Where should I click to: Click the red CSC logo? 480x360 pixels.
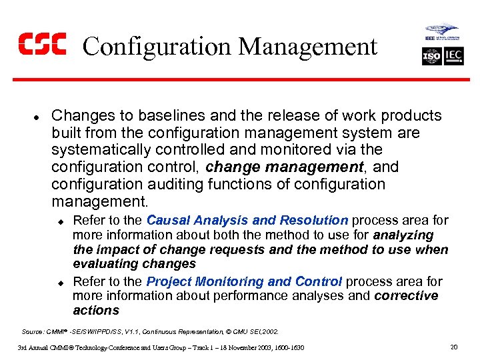coord(42,45)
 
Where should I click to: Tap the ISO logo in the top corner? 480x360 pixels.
coord(431,57)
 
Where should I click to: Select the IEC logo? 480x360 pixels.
coord(453,57)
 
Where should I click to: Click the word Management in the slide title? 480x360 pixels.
coord(307,47)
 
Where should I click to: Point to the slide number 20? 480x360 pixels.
coord(454,347)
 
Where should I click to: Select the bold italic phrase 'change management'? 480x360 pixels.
coord(285,167)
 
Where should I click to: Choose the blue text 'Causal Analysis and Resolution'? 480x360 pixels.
coord(247,220)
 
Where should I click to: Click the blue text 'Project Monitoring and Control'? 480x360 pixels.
coord(244,281)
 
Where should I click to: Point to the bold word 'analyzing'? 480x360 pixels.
coord(403,235)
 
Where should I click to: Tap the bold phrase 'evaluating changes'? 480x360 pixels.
coord(134,264)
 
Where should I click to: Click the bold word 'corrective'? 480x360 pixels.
coord(407,296)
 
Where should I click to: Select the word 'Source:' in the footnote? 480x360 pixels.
coord(33,331)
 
